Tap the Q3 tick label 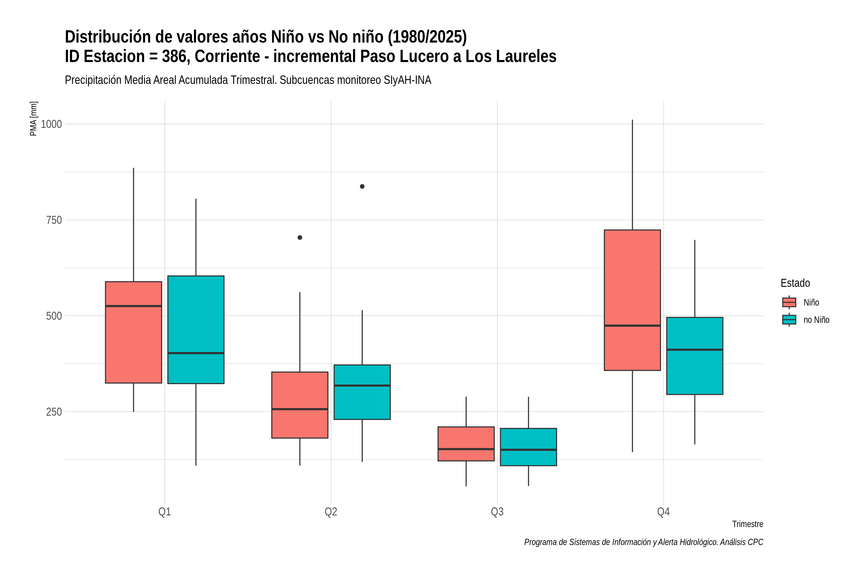[x=497, y=512]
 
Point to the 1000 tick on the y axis [x=51, y=124]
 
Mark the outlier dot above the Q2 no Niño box [x=362, y=187]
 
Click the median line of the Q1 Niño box [x=134, y=306]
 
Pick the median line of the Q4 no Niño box [x=695, y=350]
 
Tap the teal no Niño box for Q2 [x=362, y=392]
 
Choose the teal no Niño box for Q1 [x=196, y=330]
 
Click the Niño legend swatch [x=789, y=302]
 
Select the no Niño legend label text [x=816, y=320]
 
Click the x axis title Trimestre [x=748, y=524]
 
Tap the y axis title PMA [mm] [x=33, y=119]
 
